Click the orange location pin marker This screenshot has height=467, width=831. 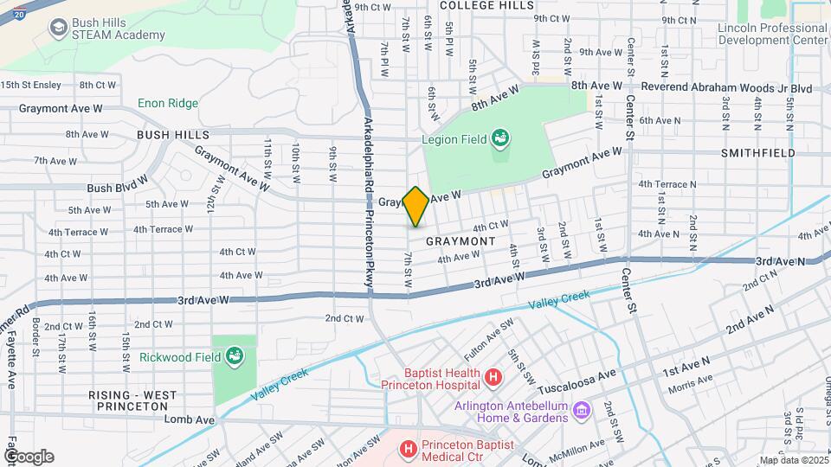(x=415, y=206)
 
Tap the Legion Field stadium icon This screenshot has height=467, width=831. (x=499, y=138)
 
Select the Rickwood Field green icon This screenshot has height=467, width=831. (x=234, y=355)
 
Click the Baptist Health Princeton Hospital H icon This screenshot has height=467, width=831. (x=493, y=377)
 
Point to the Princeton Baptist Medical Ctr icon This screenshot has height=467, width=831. (x=408, y=449)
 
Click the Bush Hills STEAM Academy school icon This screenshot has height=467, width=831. (x=59, y=28)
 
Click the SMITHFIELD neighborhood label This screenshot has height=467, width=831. (x=757, y=152)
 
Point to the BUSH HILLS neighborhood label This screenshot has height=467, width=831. (x=172, y=135)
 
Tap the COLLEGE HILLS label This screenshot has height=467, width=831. (x=486, y=5)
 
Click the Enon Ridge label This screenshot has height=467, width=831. (x=168, y=103)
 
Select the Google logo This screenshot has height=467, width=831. (x=29, y=457)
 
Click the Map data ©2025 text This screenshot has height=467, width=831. (x=793, y=460)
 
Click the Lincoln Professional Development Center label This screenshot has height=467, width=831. (x=772, y=34)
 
